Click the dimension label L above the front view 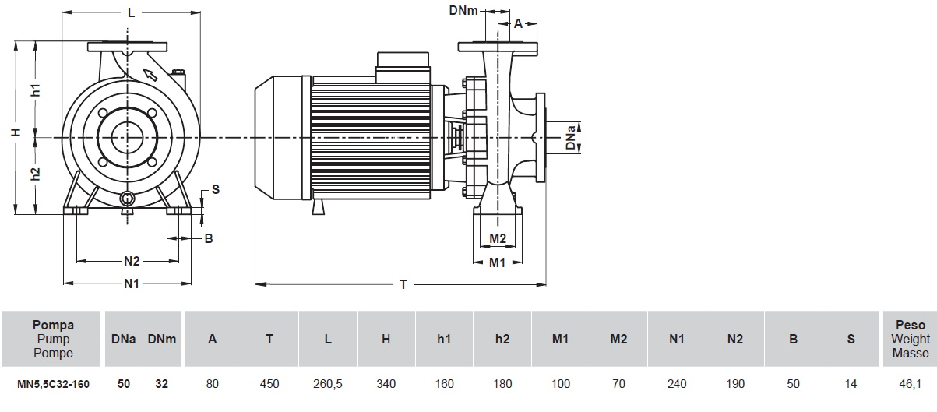(x=131, y=12)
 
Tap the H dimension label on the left (x=16, y=133)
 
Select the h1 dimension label (x=36, y=90)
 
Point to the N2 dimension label (x=132, y=261)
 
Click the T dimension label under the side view (x=403, y=285)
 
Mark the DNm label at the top (x=464, y=10)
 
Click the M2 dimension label (x=498, y=238)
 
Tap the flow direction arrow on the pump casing (x=150, y=75)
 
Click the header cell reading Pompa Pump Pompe (x=53, y=339)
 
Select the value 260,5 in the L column (x=328, y=384)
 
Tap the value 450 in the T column (x=269, y=384)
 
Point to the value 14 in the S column (x=851, y=384)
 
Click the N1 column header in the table (x=677, y=339)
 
